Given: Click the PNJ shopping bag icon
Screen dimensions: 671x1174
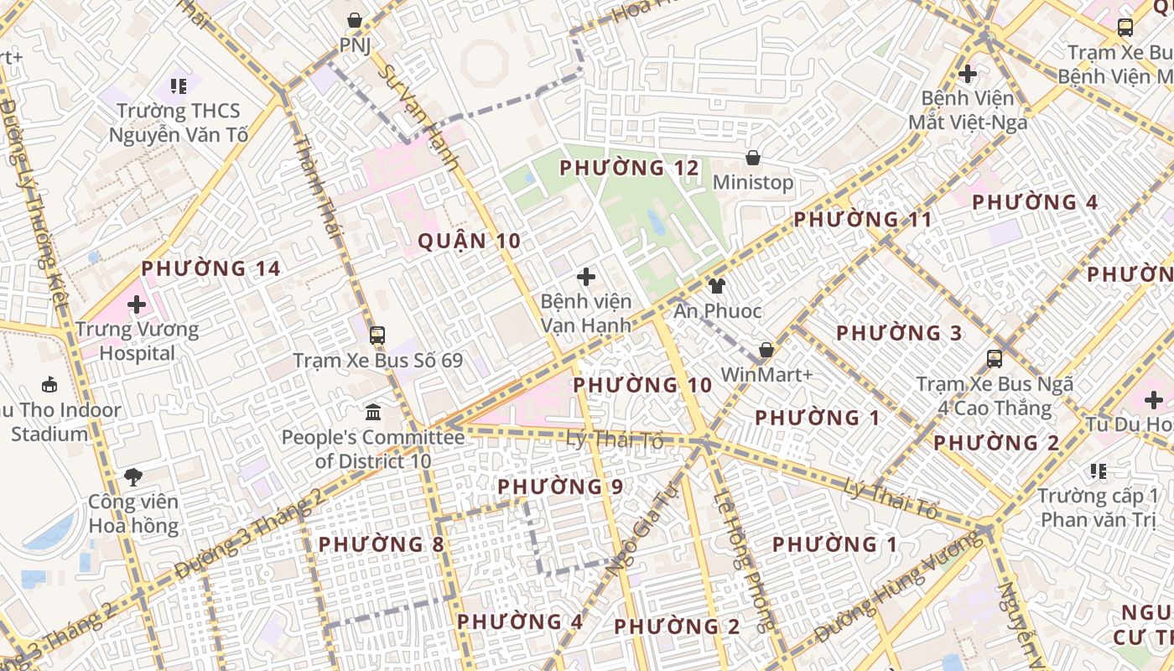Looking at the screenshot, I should click(x=355, y=19).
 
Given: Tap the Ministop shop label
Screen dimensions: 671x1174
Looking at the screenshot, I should click(x=753, y=182).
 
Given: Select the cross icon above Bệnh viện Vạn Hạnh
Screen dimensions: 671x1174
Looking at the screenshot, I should click(x=586, y=276).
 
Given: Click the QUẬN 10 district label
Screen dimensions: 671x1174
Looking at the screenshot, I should click(x=470, y=242).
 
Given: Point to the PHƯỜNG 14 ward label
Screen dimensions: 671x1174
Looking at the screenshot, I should click(x=210, y=268).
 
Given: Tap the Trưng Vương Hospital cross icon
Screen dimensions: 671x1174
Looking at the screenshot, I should click(x=137, y=304).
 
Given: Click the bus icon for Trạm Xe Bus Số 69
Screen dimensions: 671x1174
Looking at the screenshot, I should click(x=377, y=335).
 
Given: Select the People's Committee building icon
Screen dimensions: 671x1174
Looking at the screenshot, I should click(x=373, y=413).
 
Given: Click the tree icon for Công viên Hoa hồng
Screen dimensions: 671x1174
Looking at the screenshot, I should click(x=132, y=477).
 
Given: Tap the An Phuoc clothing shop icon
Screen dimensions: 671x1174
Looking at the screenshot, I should click(x=717, y=286).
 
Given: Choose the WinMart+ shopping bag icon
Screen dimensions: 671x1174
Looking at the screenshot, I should click(x=766, y=350).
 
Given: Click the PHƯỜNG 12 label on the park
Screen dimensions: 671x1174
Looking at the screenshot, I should click(x=629, y=168).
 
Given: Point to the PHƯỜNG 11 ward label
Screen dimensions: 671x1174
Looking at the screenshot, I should click(x=863, y=220).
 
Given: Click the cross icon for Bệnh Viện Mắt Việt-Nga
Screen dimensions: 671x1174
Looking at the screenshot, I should click(x=968, y=74).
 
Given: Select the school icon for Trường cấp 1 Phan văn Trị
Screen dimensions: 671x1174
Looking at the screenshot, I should click(x=1099, y=471).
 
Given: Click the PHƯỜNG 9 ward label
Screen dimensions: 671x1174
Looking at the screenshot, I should click(x=560, y=486).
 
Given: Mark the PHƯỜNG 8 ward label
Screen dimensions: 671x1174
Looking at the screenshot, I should click(x=382, y=544).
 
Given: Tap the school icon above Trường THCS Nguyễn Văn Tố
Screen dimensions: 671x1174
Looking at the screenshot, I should click(x=178, y=86).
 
